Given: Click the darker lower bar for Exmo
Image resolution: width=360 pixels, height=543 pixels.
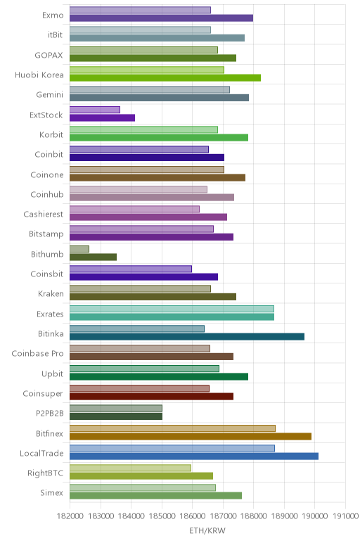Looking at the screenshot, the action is [161, 18].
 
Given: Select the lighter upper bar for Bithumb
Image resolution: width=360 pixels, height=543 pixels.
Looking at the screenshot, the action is [79, 249].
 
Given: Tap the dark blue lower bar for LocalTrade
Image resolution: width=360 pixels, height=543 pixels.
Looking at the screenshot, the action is [194, 456].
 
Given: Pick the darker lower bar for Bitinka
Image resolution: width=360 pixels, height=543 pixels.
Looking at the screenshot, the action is [187, 337].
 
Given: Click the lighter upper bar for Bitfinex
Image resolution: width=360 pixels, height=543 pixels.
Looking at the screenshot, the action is [172, 428].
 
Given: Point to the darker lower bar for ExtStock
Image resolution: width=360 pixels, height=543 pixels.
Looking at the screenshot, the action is [102, 117].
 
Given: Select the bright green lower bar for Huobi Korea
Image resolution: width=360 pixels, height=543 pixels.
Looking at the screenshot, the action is [165, 78].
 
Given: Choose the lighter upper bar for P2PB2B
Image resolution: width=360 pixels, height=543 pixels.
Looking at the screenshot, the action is [116, 408].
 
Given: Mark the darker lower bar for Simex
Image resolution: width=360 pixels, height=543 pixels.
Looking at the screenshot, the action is [156, 496].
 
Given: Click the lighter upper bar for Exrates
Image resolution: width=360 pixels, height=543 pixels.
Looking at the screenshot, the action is [172, 309].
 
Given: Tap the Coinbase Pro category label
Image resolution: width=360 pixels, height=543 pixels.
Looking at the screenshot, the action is [38, 354].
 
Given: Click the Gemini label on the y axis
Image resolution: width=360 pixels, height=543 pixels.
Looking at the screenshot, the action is [50, 94].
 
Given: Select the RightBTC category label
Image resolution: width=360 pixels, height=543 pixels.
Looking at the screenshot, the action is [46, 473].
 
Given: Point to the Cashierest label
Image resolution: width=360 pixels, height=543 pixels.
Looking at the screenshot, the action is [44, 215].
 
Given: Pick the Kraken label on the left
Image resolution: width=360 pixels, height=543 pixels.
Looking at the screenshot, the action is [51, 294].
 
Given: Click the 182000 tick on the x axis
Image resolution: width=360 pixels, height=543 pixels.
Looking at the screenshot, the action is [70, 516].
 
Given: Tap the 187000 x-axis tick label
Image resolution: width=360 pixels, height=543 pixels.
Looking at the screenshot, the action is [223, 516].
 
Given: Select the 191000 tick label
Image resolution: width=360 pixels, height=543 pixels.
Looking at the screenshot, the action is [345, 516].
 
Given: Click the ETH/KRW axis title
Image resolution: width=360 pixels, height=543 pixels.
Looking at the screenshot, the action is [207, 530].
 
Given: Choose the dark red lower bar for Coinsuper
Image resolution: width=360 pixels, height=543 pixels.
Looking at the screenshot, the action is [152, 397].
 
